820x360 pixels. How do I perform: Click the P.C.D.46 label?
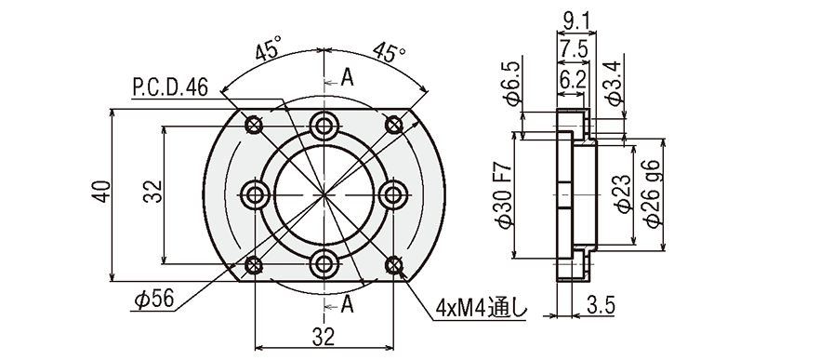pos(170,87)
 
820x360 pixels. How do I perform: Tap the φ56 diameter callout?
pos(152,300)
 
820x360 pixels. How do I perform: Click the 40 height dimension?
pos(102,191)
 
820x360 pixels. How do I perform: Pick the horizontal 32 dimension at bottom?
pos(324,338)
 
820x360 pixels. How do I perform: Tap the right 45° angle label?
pos(389,51)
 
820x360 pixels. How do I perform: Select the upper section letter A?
pos(348,77)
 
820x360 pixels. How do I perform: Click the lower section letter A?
pos(348,303)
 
